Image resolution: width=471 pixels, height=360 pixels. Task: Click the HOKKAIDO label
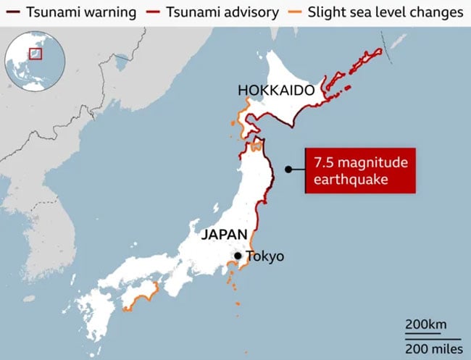coord(275,91)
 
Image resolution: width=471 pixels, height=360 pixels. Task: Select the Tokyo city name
coord(264,256)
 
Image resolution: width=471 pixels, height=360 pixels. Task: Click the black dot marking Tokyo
coord(238,256)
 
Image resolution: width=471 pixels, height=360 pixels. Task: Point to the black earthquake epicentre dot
coord(288,169)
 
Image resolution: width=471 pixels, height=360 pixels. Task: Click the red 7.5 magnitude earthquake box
coord(359,170)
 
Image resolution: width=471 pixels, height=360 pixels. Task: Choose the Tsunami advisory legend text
coord(211,12)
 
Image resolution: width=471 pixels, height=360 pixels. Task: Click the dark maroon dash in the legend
coord(12,12)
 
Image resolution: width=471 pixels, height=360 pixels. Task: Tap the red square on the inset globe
coord(35,53)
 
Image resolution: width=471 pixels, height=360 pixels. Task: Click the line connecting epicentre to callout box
coord(297,169)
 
